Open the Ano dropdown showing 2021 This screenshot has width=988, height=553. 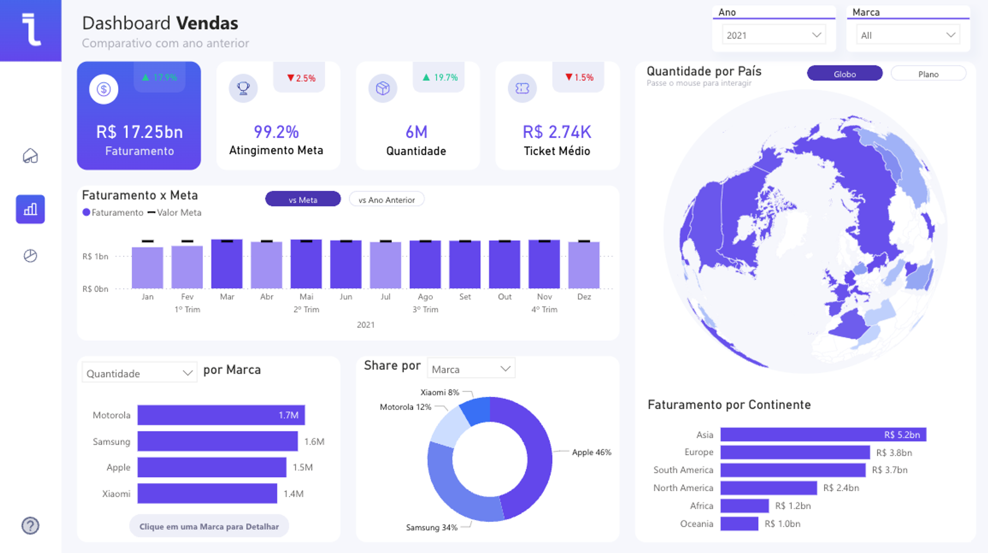773,35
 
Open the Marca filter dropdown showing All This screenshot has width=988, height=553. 907,35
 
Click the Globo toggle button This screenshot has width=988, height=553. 844,74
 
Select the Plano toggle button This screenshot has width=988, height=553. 928,74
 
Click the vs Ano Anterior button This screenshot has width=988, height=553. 386,200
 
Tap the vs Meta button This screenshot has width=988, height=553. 303,200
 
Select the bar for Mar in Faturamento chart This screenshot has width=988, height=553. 227,264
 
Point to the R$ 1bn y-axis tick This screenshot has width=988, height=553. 95,256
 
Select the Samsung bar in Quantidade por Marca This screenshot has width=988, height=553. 217,441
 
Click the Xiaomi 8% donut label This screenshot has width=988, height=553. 439,392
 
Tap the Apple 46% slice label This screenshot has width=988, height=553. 591,452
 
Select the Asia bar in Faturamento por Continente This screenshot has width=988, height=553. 823,434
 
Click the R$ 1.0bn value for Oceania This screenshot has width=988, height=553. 782,524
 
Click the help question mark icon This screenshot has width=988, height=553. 30,525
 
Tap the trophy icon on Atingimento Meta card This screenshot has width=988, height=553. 243,88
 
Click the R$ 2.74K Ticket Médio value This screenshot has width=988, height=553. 557,132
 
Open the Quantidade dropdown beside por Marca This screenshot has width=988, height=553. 139,373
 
